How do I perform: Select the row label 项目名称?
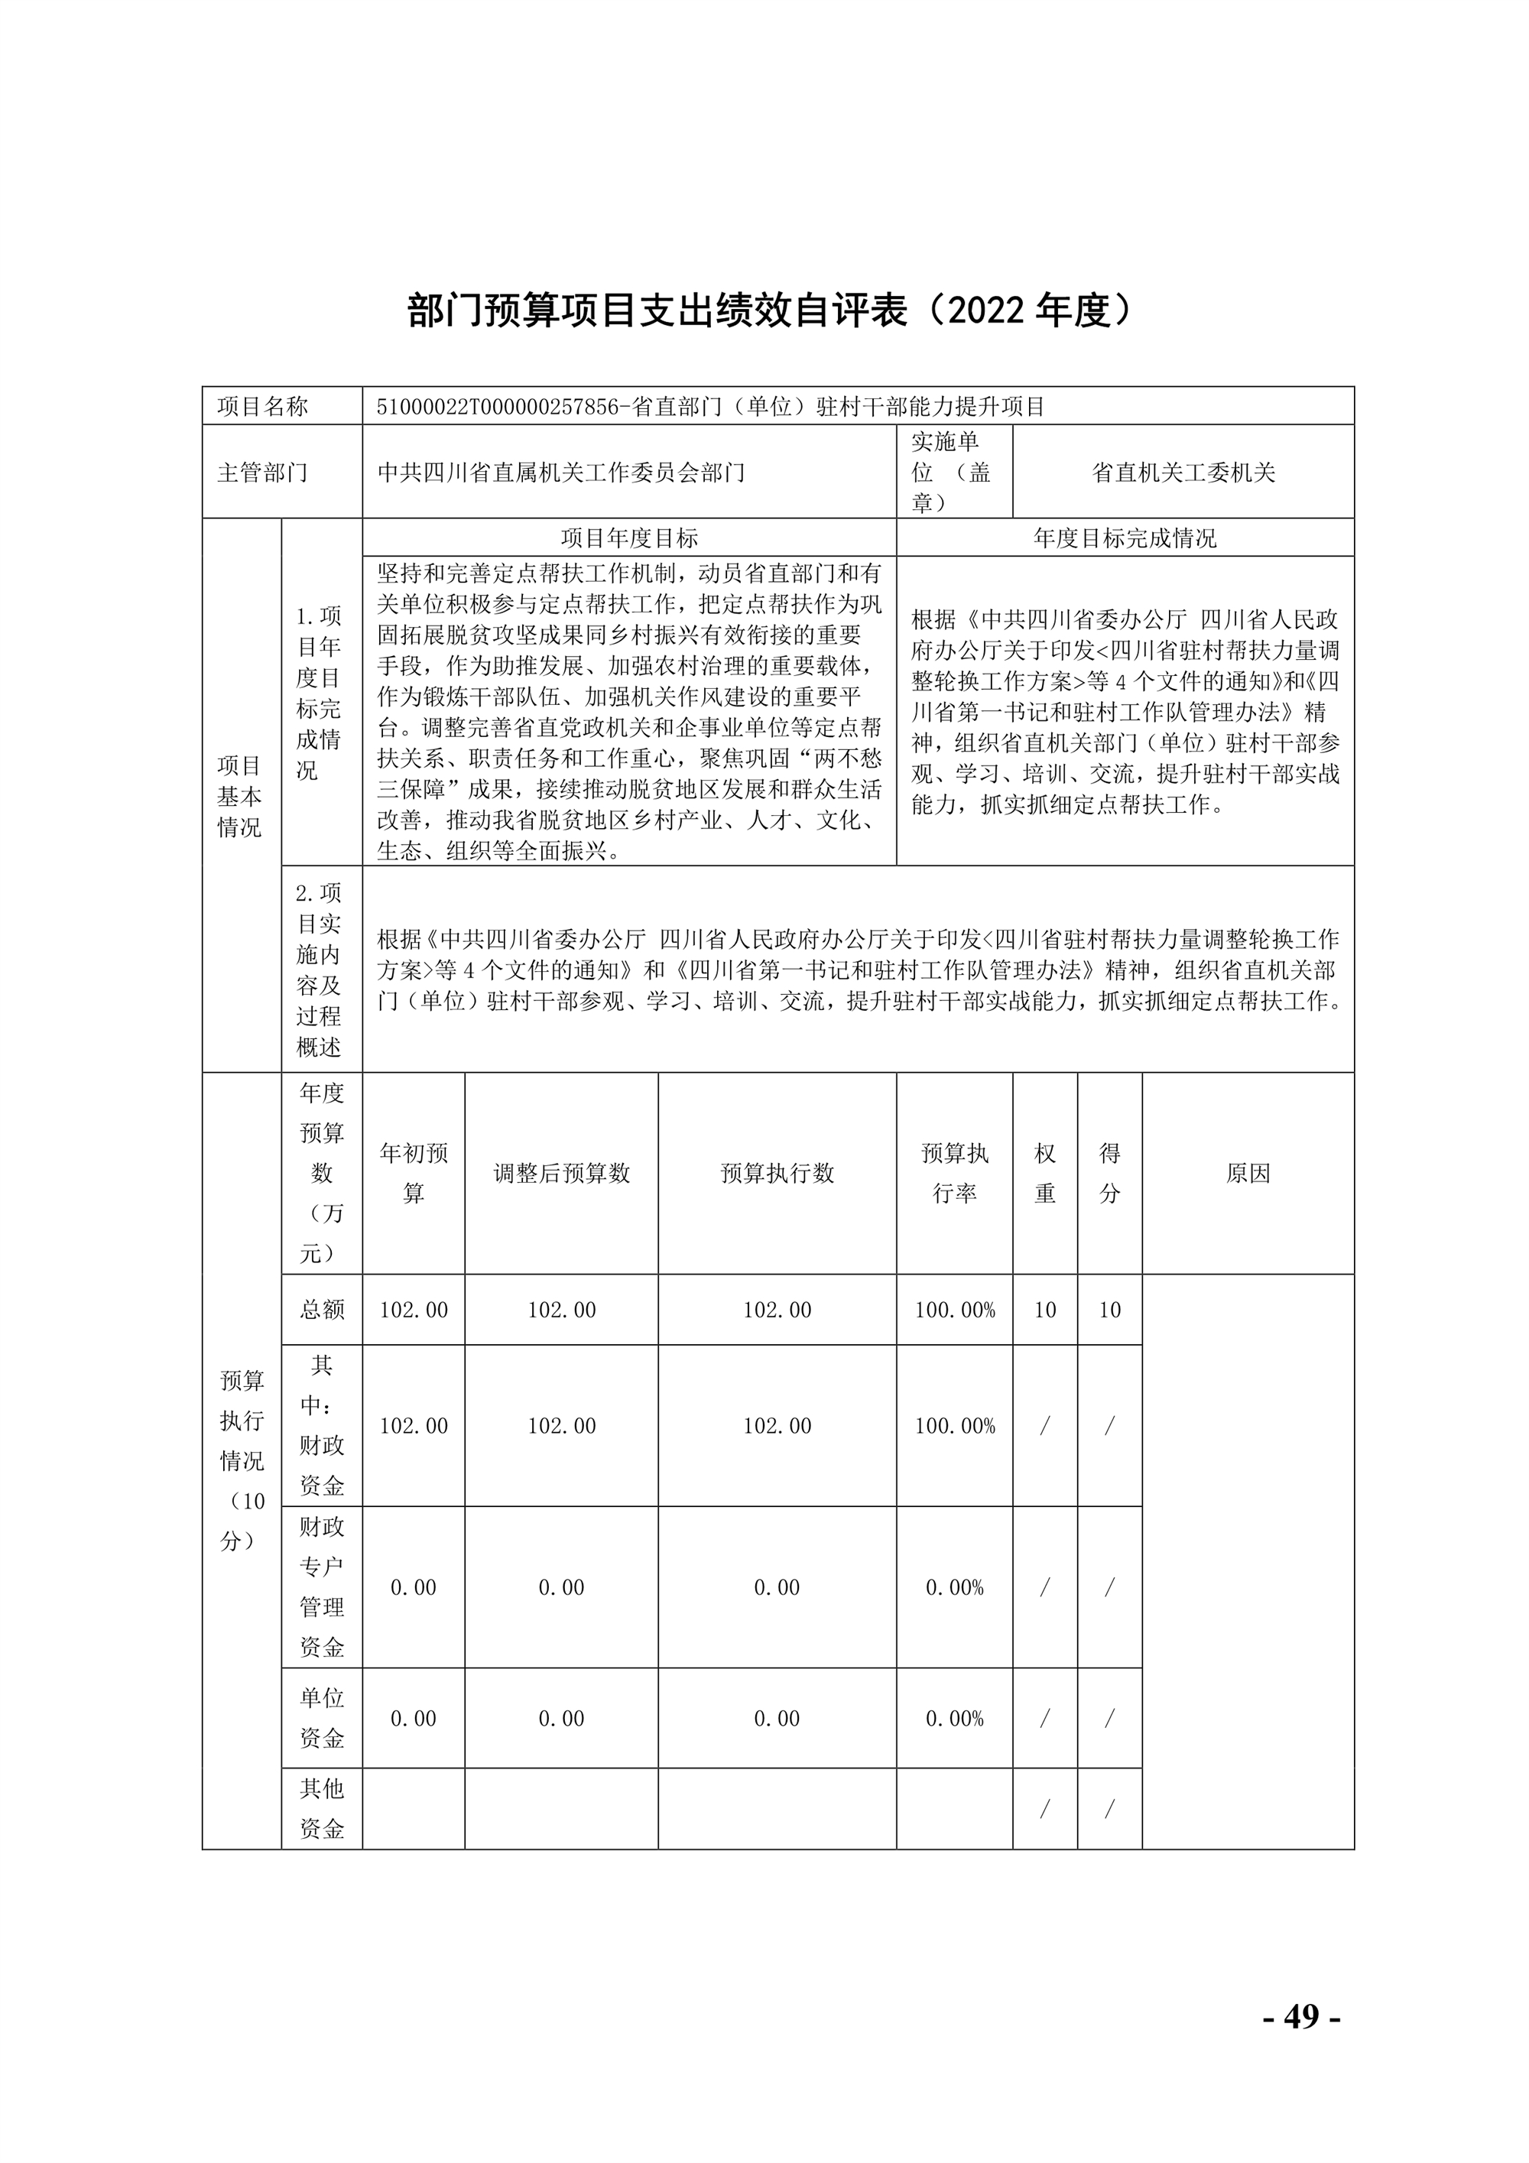(263, 407)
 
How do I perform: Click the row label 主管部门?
(263, 472)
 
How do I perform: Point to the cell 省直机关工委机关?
(1183, 472)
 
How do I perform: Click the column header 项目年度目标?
(629, 538)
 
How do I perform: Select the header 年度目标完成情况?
(1125, 538)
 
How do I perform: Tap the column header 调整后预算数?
(561, 1173)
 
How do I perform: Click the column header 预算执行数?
(777, 1173)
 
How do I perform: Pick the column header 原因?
(1248, 1173)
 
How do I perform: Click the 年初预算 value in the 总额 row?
(414, 1310)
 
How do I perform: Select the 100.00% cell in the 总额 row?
(954, 1310)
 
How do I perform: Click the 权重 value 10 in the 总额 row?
(1045, 1310)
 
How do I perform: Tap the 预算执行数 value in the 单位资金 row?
(777, 1718)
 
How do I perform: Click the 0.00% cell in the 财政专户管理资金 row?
(954, 1587)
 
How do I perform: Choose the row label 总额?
(322, 1310)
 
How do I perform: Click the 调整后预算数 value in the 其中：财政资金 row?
(561, 1425)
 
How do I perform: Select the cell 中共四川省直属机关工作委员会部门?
(561, 472)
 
